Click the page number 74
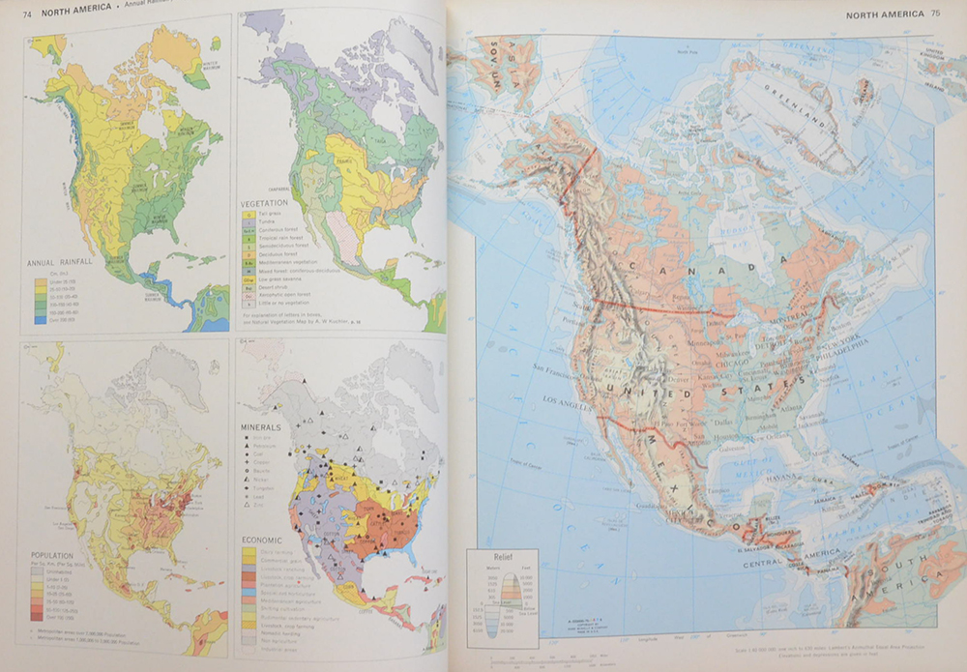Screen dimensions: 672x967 point(27,11)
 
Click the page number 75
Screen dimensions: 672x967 point(935,14)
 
